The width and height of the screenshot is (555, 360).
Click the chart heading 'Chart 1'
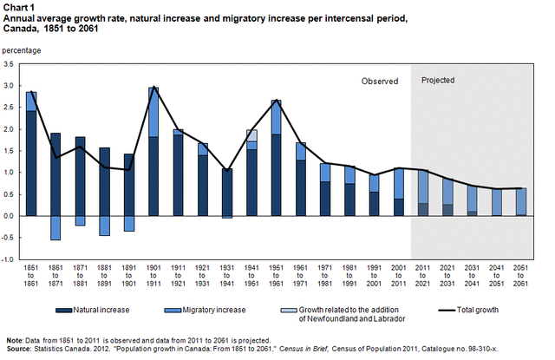pos(18,6)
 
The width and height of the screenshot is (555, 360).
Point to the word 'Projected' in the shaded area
pos(438,80)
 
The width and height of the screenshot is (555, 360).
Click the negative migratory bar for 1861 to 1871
pos(56,227)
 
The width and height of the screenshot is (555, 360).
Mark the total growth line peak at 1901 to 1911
pos(153,88)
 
